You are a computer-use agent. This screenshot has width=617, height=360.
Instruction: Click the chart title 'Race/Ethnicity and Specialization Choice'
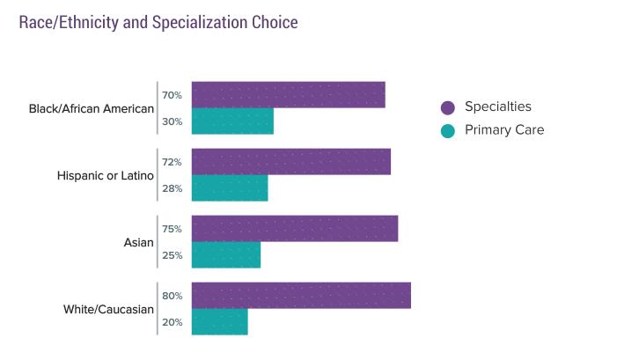[158, 22]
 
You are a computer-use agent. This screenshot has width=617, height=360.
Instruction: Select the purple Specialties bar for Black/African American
[288, 94]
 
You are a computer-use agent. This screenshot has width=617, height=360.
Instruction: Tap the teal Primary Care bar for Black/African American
[232, 121]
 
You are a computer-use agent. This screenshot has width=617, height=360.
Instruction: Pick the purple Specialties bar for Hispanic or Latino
[290, 162]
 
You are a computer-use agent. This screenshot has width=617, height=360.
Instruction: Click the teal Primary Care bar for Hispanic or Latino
[230, 188]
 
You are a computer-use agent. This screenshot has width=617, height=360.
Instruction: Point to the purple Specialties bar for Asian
[294, 229]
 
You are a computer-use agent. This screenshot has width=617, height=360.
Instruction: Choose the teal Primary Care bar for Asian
[226, 255]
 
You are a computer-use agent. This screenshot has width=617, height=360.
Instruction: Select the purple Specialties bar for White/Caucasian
[301, 296]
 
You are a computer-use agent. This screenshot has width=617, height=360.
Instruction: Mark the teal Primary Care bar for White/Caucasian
[219, 322]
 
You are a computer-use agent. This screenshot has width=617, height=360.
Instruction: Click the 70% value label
[172, 95]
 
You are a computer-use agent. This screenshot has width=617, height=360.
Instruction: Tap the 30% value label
[172, 121]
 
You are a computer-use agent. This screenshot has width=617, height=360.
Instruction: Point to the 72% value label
[172, 162]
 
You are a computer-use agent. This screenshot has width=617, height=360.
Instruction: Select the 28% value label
[172, 188]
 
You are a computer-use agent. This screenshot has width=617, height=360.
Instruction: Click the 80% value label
[172, 296]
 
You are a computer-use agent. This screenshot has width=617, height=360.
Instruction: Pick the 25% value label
[172, 255]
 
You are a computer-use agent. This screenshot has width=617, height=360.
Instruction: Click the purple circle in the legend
[448, 107]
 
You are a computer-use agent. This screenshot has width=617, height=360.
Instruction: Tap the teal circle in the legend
[448, 131]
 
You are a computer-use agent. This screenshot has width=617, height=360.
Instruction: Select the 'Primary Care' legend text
[504, 130]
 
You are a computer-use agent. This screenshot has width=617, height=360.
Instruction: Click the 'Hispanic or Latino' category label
[106, 176]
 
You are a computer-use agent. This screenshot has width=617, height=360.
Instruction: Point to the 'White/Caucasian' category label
[109, 310]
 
